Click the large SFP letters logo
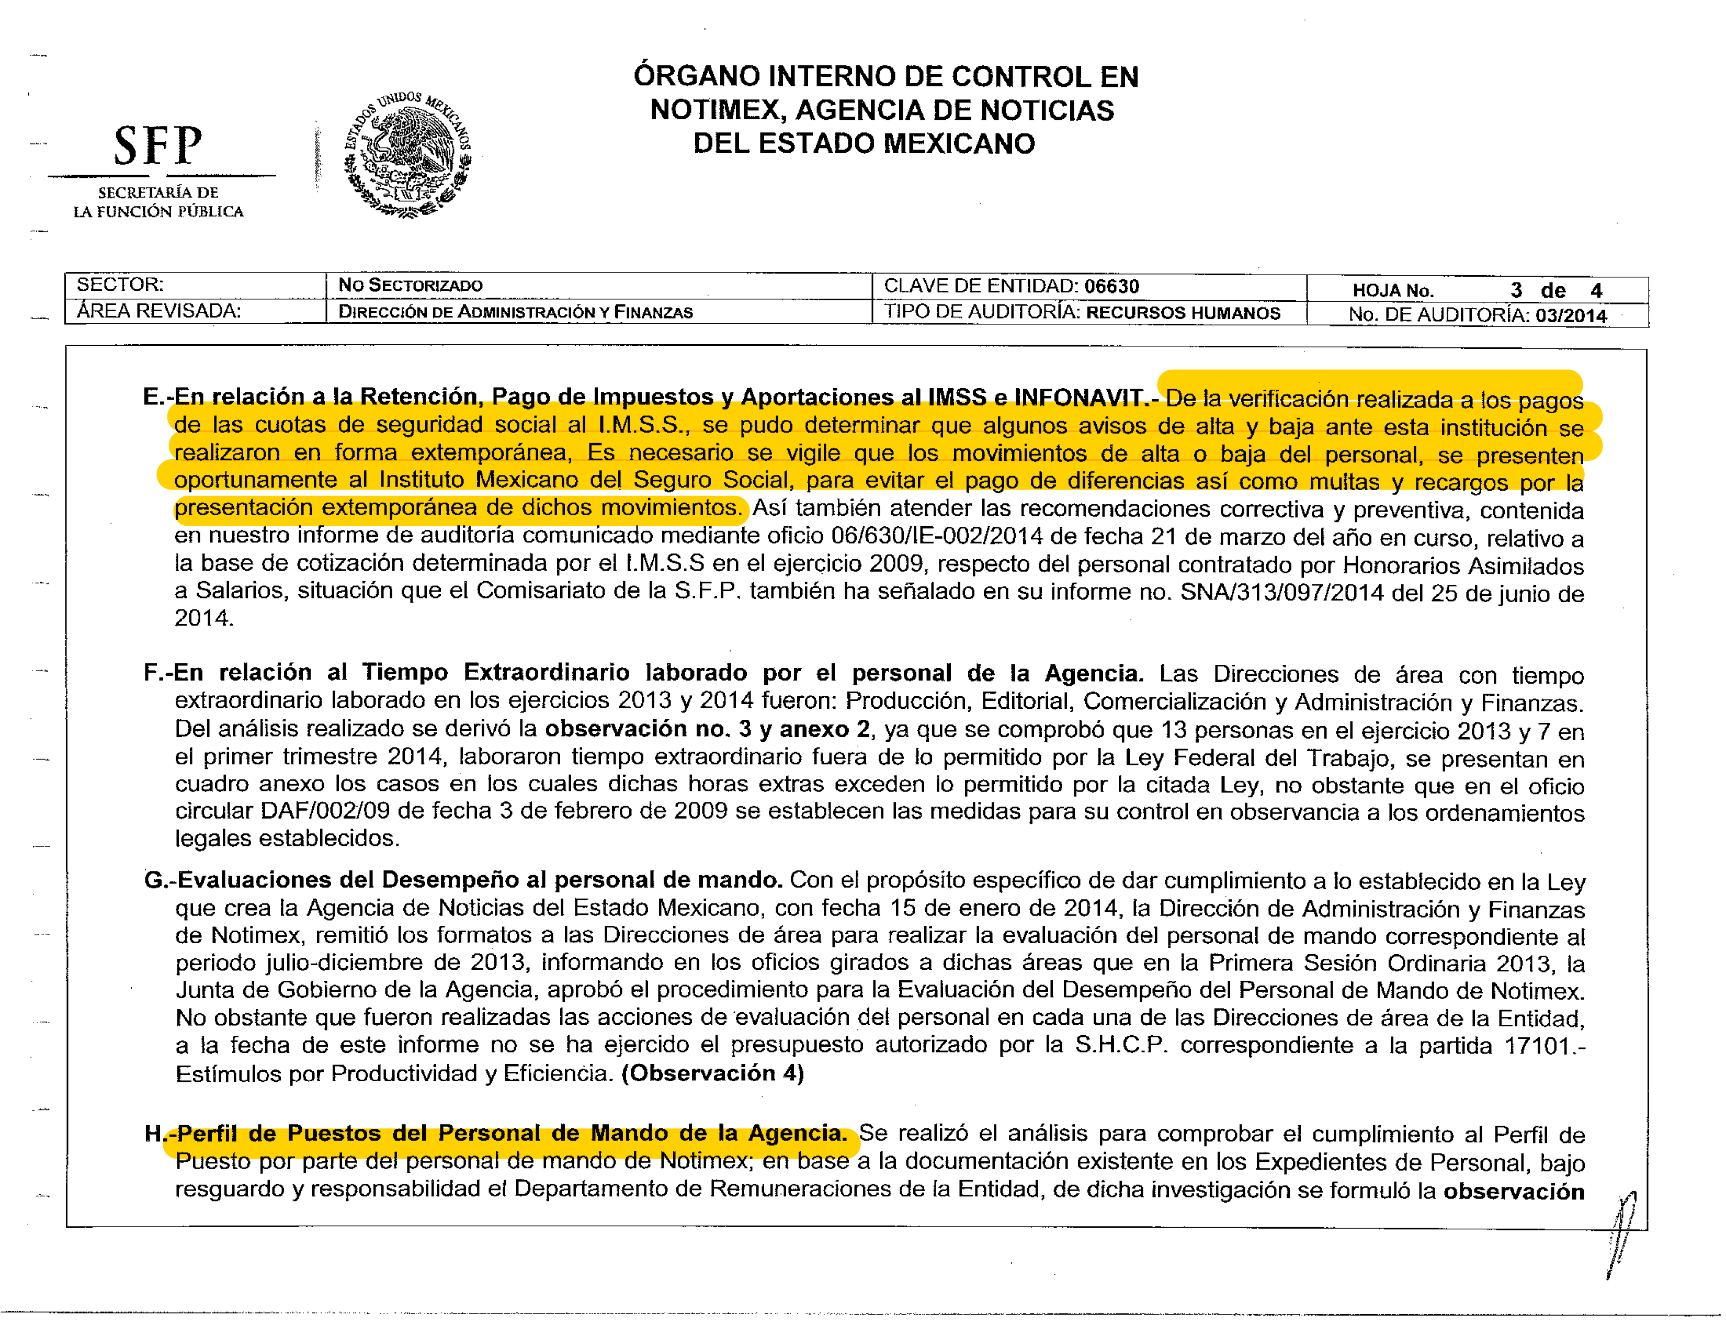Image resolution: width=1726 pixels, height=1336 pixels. [x=158, y=146]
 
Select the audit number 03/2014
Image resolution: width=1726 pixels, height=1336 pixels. [x=1571, y=315]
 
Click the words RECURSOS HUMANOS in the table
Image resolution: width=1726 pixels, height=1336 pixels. [x=1183, y=312]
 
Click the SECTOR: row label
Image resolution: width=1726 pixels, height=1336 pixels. [x=120, y=285]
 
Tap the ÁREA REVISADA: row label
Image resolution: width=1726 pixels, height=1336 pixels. [x=158, y=311]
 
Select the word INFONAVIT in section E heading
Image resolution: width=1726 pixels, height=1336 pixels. [x=1078, y=397]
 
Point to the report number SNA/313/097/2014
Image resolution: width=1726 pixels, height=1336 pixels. [x=1282, y=593]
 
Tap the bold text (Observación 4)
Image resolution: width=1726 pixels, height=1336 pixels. [x=713, y=1073]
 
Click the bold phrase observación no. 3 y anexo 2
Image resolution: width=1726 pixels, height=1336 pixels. [x=707, y=729]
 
